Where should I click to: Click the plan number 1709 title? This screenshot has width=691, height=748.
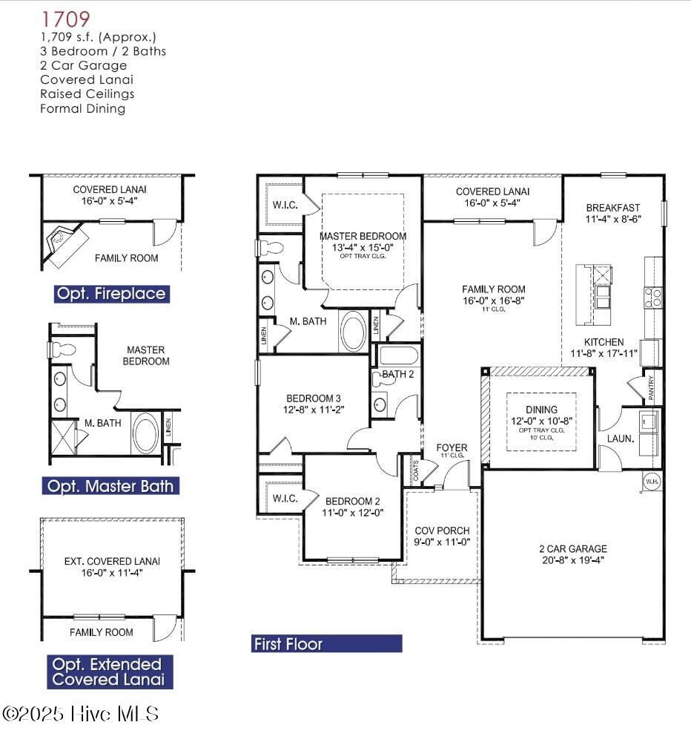coord(67,19)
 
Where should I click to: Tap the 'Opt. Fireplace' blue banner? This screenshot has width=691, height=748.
coord(111,294)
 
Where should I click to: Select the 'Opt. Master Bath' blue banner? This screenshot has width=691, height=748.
coord(110,487)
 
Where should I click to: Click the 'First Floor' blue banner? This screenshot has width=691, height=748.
coord(326,644)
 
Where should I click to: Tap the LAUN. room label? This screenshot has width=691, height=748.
coord(621,439)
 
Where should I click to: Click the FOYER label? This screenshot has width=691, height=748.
coord(452,447)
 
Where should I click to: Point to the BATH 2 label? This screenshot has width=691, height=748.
coord(397,374)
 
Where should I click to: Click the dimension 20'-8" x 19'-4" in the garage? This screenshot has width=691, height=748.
coord(572,560)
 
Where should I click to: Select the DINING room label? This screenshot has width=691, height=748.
coord(541,410)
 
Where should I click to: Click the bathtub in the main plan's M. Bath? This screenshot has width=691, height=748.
coord(353,331)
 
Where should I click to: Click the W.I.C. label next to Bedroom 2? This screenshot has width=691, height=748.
coord(285,498)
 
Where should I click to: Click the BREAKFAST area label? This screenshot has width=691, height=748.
coord(612,208)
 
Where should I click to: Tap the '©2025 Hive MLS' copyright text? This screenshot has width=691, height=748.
coord(81,714)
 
